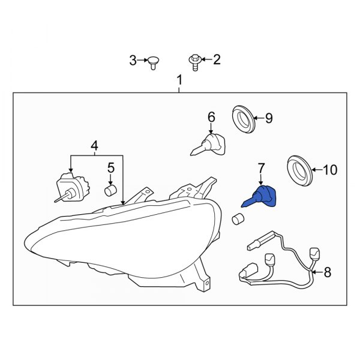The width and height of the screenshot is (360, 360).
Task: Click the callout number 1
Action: (x=179, y=80)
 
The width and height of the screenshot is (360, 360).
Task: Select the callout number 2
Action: (x=217, y=59)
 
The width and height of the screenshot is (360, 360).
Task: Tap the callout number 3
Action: (x=133, y=60)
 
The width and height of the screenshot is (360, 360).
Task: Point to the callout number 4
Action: (x=94, y=145)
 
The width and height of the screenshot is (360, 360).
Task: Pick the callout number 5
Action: (x=110, y=167)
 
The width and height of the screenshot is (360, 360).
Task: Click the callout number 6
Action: (x=211, y=116)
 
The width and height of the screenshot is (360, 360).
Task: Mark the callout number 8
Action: (x=327, y=273)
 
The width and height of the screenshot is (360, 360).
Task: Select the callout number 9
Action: (x=268, y=118)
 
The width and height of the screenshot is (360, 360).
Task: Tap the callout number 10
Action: (x=330, y=170)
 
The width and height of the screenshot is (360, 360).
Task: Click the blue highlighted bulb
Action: (x=263, y=196)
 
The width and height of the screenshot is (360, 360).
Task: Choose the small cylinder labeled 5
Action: (x=110, y=190)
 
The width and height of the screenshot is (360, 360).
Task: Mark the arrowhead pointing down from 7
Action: (x=261, y=181)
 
